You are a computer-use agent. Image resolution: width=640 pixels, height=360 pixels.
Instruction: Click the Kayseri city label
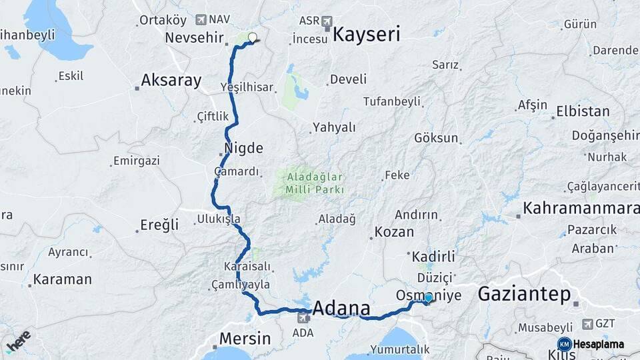point(366,35)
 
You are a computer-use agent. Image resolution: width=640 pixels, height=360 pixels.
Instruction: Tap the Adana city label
point(341,309)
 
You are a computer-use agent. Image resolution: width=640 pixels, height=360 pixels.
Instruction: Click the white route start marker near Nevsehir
point(252,37)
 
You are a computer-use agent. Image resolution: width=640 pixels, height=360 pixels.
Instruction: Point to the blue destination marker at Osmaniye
point(429,298)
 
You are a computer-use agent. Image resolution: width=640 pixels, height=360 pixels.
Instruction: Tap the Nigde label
point(245,148)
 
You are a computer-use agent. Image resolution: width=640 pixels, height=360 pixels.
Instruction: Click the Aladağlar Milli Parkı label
point(315,183)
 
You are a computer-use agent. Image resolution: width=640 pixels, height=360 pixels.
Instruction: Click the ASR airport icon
point(327,21)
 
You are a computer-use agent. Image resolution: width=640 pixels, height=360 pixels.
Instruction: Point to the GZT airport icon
point(587,324)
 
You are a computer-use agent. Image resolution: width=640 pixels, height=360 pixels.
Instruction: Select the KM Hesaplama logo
point(591,344)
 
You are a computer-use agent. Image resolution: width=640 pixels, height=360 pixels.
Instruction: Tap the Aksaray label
point(171,81)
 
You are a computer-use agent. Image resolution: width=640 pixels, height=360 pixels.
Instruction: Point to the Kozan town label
point(394,233)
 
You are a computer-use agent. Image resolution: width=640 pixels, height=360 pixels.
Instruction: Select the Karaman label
point(63,279)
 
